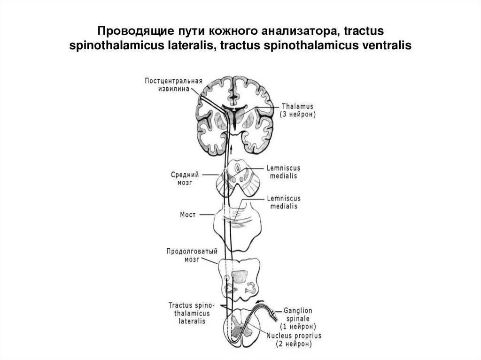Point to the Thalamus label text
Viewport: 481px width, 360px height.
(297, 106)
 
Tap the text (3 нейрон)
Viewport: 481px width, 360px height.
(298, 114)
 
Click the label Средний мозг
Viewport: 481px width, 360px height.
(185, 178)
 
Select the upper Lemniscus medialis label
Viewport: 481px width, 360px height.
(283, 172)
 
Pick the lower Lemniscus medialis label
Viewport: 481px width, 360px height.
(283, 202)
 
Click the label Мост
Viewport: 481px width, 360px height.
(187, 214)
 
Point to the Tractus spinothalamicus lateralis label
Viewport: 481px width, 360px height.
(189, 313)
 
